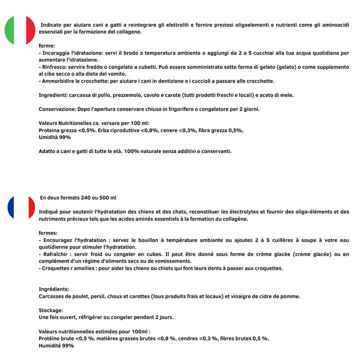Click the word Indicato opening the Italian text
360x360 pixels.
pos(52,24)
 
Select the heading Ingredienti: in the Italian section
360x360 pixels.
pos(55,95)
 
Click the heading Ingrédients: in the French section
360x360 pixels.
pos(54,289)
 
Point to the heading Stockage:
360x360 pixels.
pos(50,310)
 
